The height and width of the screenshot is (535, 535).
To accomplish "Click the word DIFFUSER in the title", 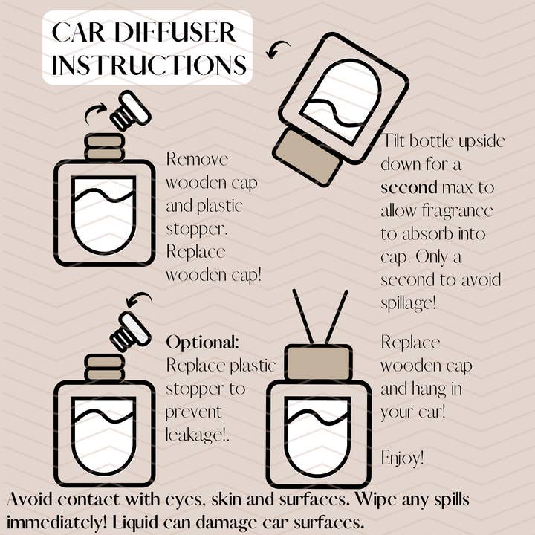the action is [175, 32].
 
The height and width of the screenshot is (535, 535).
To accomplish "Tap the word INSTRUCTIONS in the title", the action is [149, 65].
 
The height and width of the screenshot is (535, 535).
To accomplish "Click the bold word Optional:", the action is [203, 343].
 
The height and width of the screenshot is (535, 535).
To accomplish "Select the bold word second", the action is [409, 188].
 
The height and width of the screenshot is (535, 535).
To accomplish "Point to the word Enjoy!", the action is [403, 458].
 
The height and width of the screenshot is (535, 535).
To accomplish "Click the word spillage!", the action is [408, 303].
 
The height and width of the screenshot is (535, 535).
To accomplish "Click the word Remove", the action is [197, 159].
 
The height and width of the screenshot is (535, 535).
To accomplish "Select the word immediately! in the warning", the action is [56, 522].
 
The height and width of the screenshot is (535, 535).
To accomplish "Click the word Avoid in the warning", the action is [30, 499].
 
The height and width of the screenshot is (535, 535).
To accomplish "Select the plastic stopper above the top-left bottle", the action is [130, 110].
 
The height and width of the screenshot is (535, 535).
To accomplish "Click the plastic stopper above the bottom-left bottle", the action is [130, 331].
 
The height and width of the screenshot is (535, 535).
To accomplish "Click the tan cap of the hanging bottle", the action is [318, 363].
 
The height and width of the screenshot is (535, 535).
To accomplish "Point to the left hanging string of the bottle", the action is [302, 317].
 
